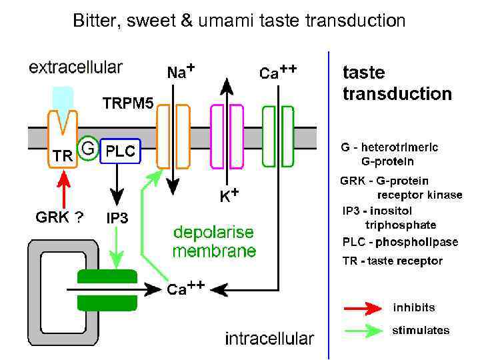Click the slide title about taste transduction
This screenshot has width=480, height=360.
pos(239,21)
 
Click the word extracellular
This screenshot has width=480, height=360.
pos(75,67)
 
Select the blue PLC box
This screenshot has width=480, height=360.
pos(119,151)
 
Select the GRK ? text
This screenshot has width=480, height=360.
pos(59,217)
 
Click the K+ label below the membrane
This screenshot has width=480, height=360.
pos(229,196)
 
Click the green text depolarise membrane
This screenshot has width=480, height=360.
pos(214,242)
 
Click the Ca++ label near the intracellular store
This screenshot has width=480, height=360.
pos(185,288)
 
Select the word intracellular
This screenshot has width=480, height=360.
pos(269,338)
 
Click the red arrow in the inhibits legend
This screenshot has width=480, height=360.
pos(363,309)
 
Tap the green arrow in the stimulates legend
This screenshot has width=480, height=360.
pos(363,330)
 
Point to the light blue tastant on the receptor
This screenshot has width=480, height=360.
pos(63,100)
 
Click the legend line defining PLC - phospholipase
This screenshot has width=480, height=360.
pos(392,243)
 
